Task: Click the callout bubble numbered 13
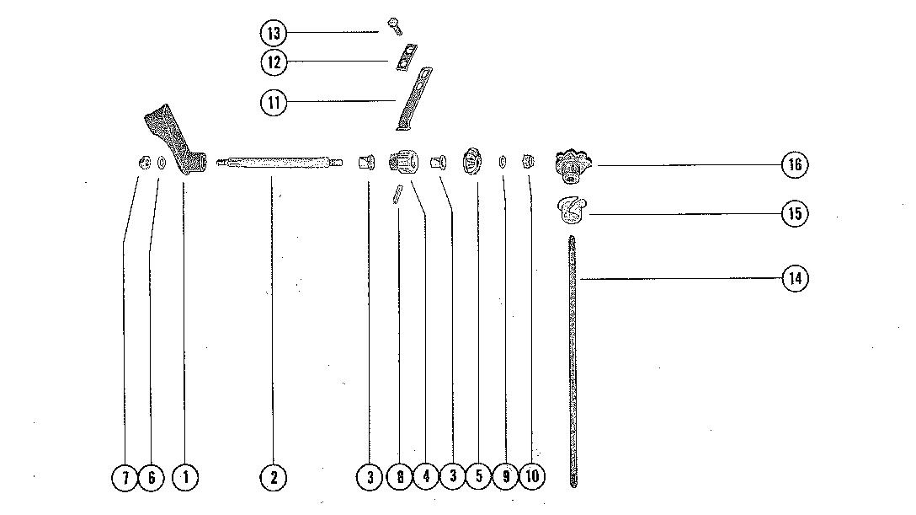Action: pyautogui.click(x=273, y=33)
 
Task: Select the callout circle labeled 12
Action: pyautogui.click(x=273, y=62)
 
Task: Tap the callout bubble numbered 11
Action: pyautogui.click(x=273, y=102)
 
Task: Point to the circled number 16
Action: pyautogui.click(x=794, y=164)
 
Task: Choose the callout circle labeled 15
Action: pyautogui.click(x=794, y=213)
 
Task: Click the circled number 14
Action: pyautogui.click(x=794, y=278)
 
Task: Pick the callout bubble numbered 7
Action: pyautogui.click(x=124, y=478)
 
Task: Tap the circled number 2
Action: pyautogui.click(x=273, y=478)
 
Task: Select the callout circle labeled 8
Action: pyautogui.click(x=399, y=478)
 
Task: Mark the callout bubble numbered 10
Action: pyautogui.click(x=532, y=478)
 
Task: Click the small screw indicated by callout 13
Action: pyautogui.click(x=394, y=27)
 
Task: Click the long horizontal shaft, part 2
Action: pyautogui.click(x=278, y=162)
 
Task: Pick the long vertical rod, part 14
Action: pyautogui.click(x=572, y=362)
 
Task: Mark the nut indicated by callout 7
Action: pyautogui.click(x=144, y=163)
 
